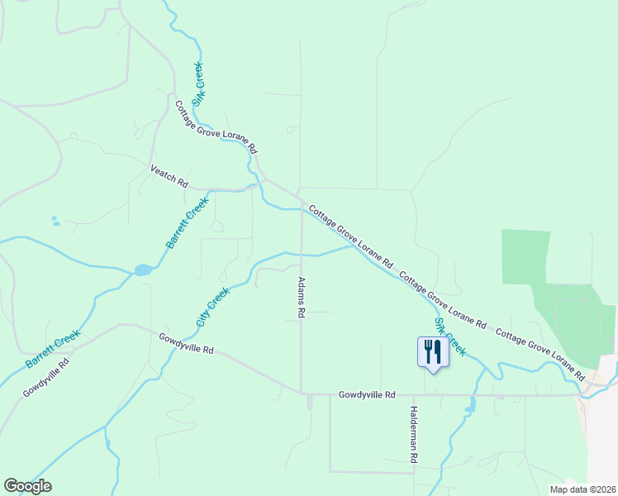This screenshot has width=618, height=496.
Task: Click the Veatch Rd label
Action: tap(169, 175)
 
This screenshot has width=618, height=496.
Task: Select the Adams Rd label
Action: tap(302, 298)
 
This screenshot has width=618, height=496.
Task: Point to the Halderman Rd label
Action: tap(414, 434)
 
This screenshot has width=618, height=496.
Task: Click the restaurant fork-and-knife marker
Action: tap(434, 351)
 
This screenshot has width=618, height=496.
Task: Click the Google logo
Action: tap(27, 486)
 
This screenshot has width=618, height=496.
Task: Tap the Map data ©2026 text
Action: tap(582, 489)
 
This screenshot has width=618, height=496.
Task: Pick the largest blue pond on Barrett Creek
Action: tap(143, 269)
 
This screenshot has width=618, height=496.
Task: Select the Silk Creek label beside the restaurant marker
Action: tap(450, 337)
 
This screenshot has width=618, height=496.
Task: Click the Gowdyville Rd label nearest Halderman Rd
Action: tap(367, 395)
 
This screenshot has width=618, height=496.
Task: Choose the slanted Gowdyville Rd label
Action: tap(45, 378)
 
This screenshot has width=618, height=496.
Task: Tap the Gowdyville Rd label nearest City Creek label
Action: tap(187, 344)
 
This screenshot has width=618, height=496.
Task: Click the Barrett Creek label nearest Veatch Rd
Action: tap(188, 222)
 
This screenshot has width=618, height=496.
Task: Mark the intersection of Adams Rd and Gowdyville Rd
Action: tap(301, 393)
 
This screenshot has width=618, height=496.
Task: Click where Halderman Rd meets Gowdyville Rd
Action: tap(414, 395)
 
